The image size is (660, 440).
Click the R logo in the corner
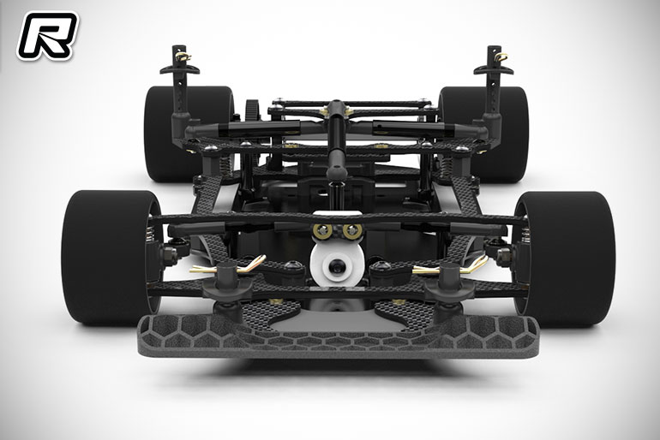[47, 35]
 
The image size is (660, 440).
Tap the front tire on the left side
[111, 257]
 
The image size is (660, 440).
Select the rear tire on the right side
[484, 134]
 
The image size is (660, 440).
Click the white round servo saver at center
[337, 263]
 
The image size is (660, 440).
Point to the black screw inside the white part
[336, 265]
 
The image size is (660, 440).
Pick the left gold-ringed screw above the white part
[322, 231]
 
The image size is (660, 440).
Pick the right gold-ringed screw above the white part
[352, 231]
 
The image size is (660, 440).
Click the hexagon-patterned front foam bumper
[338, 336]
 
